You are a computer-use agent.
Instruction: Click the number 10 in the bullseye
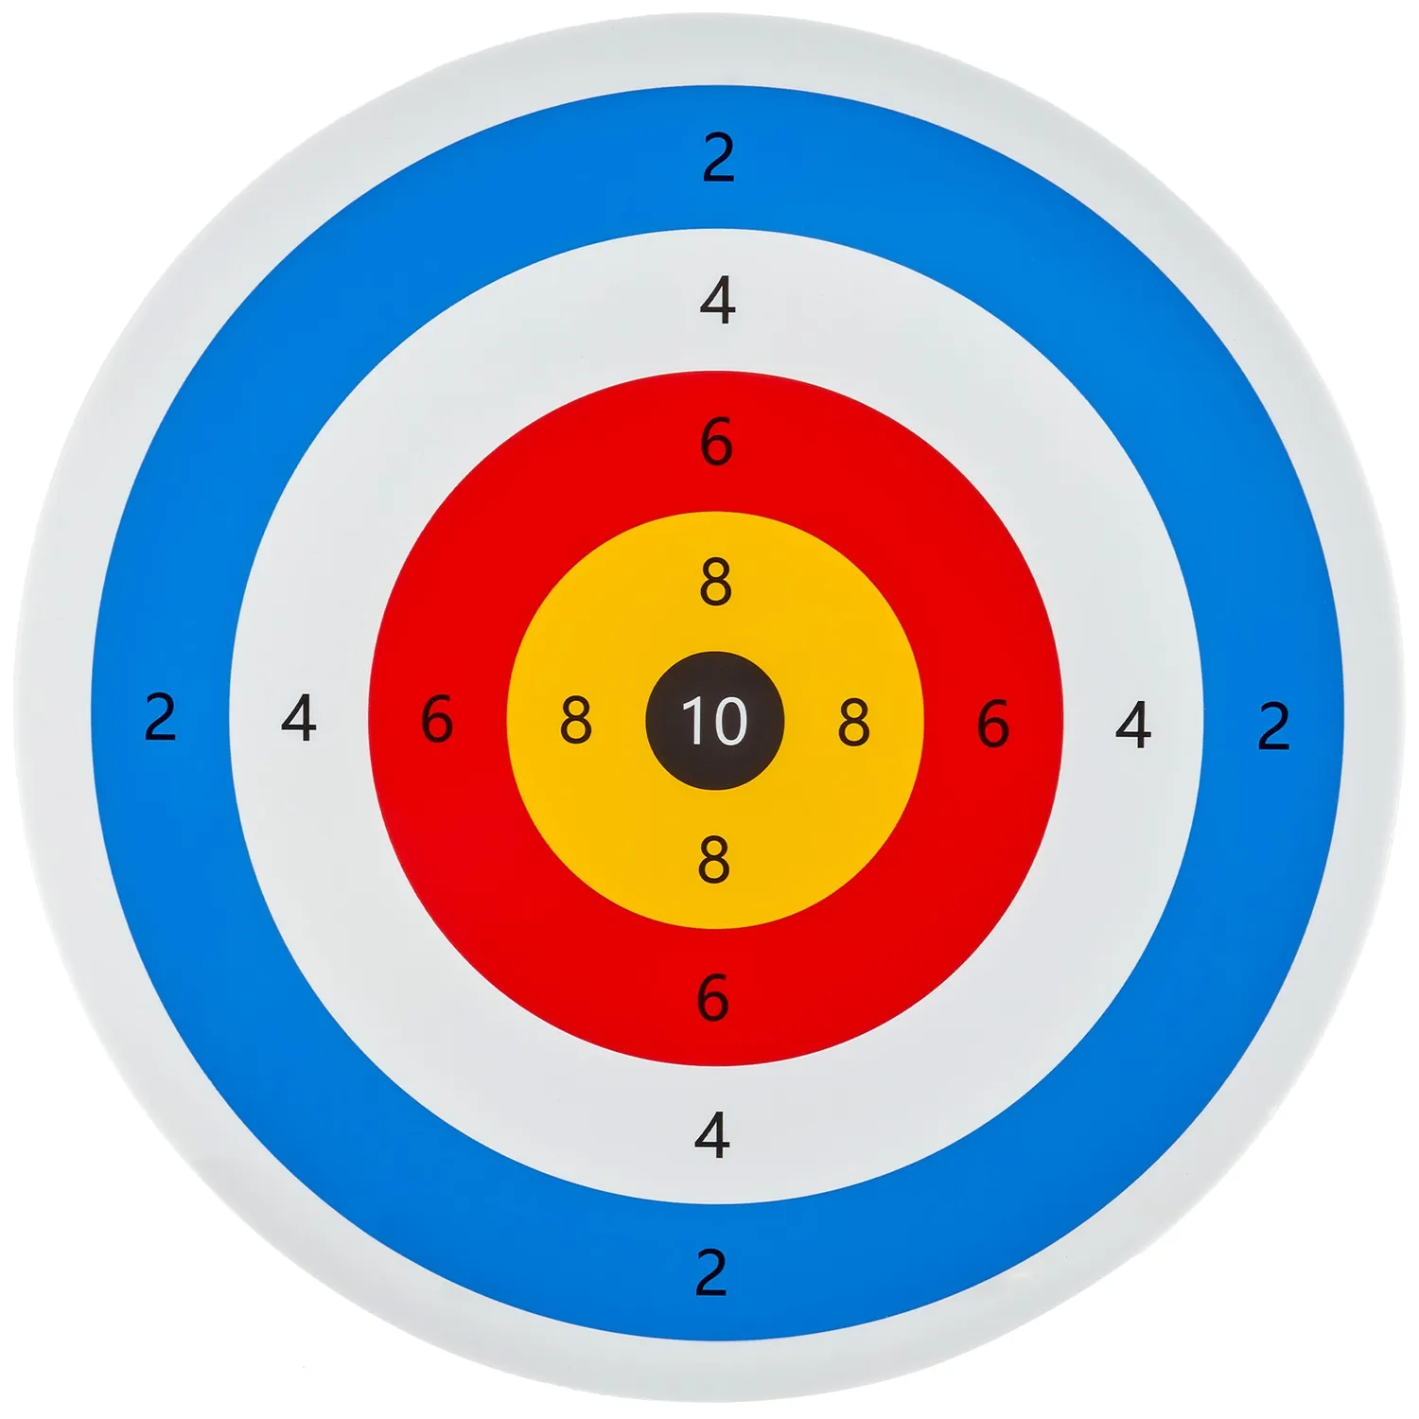[x=714, y=721]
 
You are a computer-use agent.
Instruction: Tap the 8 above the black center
[x=716, y=582]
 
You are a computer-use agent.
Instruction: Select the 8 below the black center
[x=714, y=859]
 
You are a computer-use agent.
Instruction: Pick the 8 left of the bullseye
[x=576, y=720]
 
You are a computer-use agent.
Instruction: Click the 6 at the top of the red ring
[x=717, y=442]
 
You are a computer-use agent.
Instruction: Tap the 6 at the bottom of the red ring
[x=713, y=998]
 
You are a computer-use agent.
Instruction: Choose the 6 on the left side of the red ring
[x=437, y=719]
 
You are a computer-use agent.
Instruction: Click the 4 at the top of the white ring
[x=718, y=300]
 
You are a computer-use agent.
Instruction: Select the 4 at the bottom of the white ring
[x=712, y=1134]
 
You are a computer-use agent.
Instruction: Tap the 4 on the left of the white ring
[x=299, y=718]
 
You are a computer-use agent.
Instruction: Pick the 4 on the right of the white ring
[x=1133, y=725]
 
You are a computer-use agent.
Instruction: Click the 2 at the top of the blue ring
[x=719, y=158]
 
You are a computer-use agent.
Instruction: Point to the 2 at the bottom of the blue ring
[x=711, y=1272]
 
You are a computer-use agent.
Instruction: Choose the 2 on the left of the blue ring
[x=161, y=717]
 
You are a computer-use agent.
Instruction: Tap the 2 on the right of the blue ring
[x=1274, y=727]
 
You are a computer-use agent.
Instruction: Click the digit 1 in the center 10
[x=692, y=721]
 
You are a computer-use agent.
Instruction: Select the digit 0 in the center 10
[x=728, y=721]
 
